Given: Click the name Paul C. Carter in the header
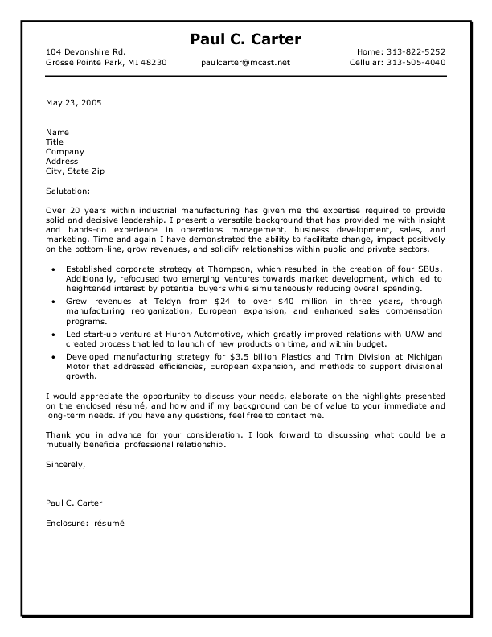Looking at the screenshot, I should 246,40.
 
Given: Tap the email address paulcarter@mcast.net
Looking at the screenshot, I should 246,62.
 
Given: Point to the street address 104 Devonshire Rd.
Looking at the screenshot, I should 85,51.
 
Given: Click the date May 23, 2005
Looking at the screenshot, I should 74,102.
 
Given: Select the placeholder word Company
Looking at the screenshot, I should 65,151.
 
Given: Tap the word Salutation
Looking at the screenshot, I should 68,191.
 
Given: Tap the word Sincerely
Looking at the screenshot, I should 65,464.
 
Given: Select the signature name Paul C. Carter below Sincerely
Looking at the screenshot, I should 74,503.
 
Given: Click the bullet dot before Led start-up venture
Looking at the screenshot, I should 53,334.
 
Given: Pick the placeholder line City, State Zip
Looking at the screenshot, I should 75,171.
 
